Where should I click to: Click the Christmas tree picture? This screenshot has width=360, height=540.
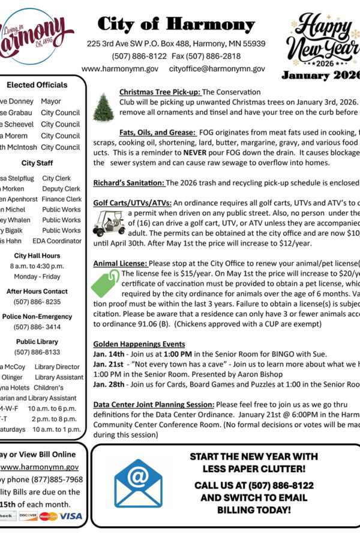pos(103,107)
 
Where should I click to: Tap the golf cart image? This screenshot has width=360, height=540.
pos(109,221)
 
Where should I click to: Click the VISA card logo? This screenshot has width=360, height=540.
pos(71,516)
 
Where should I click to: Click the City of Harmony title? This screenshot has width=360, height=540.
pos(176,25)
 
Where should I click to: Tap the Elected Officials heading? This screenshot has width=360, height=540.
pos(37,85)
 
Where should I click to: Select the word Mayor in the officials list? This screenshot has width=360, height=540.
pos(51,102)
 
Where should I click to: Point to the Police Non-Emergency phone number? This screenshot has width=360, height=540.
pos(37,327)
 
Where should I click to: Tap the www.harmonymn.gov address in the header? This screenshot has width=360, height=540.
pos(120,69)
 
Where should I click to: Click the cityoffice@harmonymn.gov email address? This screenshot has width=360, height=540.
pos(217,69)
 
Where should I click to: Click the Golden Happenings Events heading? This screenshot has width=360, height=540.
pos(139,344)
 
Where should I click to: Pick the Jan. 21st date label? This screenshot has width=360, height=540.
pos(107,365)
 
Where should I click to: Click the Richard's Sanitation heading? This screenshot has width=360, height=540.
pos(128,182)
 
